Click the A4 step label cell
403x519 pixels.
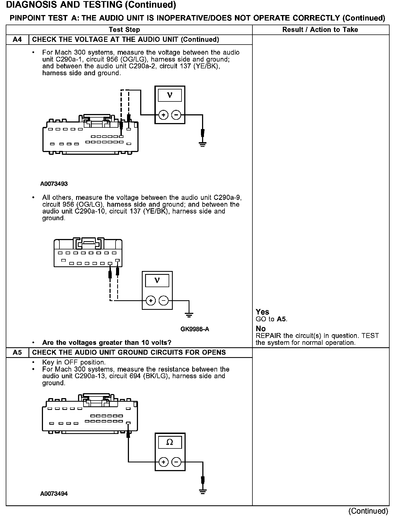(17, 40)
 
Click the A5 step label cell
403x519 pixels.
(17, 352)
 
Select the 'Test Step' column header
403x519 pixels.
(124, 30)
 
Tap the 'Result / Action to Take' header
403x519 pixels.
(320, 30)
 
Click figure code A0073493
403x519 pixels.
(54, 184)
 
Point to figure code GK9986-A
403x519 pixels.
(195, 329)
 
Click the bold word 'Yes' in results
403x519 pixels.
(262, 312)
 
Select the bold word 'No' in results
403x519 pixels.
(261, 329)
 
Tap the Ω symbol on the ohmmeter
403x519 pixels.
(170, 442)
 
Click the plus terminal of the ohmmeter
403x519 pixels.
(163, 462)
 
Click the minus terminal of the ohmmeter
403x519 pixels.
(176, 462)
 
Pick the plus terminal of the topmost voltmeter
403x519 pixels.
(163, 115)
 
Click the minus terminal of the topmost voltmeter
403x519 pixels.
(176, 115)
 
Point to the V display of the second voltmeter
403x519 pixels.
(157, 280)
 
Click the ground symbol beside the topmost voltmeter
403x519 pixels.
(202, 144)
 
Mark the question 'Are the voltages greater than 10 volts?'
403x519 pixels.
(107, 343)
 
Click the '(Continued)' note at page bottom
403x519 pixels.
(368, 511)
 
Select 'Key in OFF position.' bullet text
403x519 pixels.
(74, 362)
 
